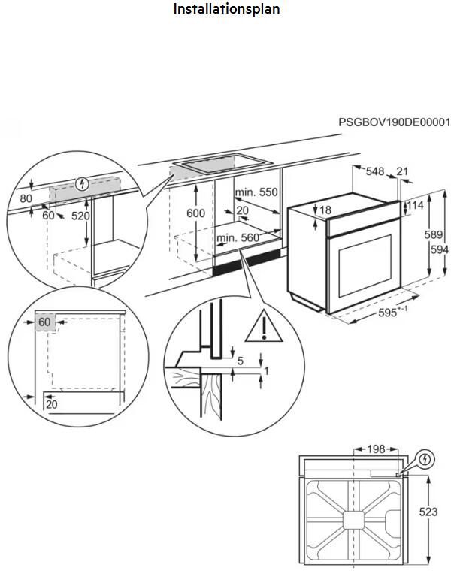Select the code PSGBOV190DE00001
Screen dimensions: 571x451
pyautogui.click(x=393, y=122)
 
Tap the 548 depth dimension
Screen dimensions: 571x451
pyautogui.click(x=376, y=172)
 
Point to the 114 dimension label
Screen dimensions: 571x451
pyautogui.click(x=416, y=205)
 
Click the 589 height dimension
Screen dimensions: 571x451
pyautogui.click(x=433, y=235)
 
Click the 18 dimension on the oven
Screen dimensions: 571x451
pyautogui.click(x=325, y=210)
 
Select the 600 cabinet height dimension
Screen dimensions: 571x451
pyautogui.click(x=195, y=213)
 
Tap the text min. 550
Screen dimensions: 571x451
pyautogui.click(x=256, y=192)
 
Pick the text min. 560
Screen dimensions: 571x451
pyautogui.click(x=238, y=238)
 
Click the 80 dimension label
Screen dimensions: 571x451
pyautogui.click(x=26, y=199)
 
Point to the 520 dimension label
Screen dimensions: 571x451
pyautogui.click(x=80, y=216)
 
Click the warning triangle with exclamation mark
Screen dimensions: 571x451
pyautogui.click(x=264, y=325)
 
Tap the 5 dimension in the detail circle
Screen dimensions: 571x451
pyautogui.click(x=240, y=361)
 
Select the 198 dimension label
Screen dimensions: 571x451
pyautogui.click(x=375, y=449)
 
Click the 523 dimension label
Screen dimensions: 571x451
pyautogui.click(x=428, y=512)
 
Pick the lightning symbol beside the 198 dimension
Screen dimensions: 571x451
pyautogui.click(x=425, y=458)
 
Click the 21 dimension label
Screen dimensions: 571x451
pyautogui.click(x=402, y=172)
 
